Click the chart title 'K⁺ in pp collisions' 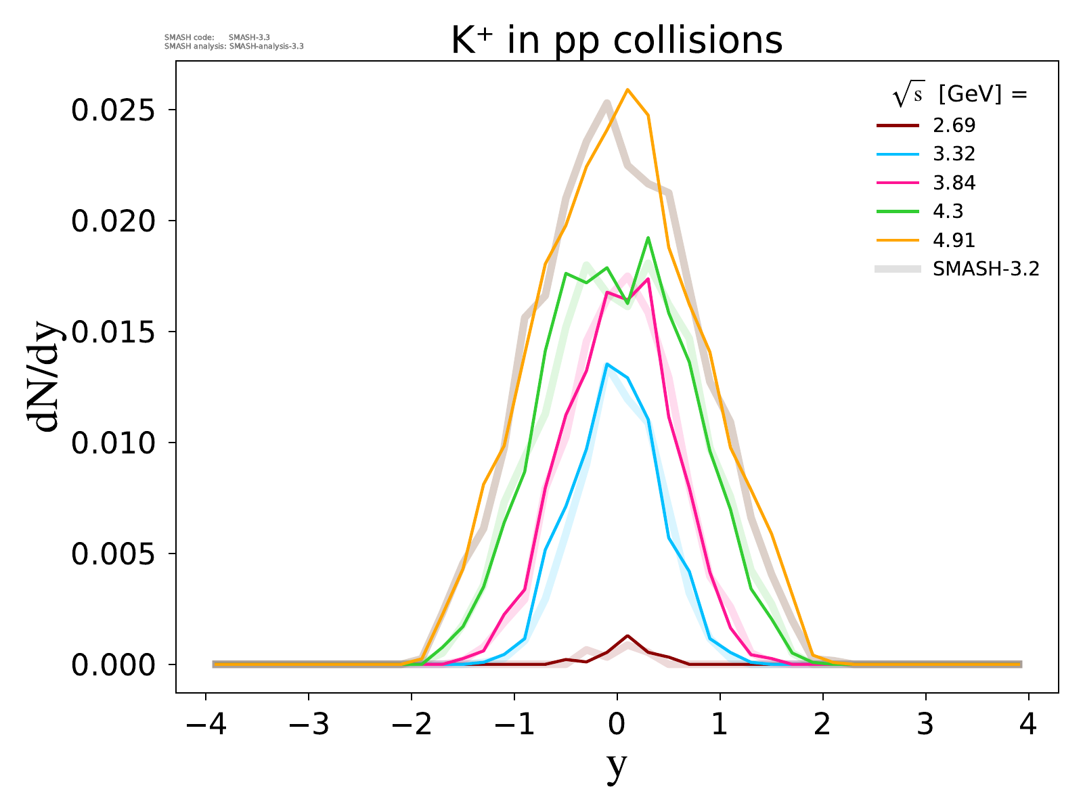[617, 41]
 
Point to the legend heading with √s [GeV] [960, 95]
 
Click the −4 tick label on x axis [205, 725]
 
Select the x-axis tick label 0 [617, 725]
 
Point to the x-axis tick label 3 [925, 725]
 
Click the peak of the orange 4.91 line [627, 89]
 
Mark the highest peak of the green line [648, 238]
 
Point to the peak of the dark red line [627, 635]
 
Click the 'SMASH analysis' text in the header [234, 47]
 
